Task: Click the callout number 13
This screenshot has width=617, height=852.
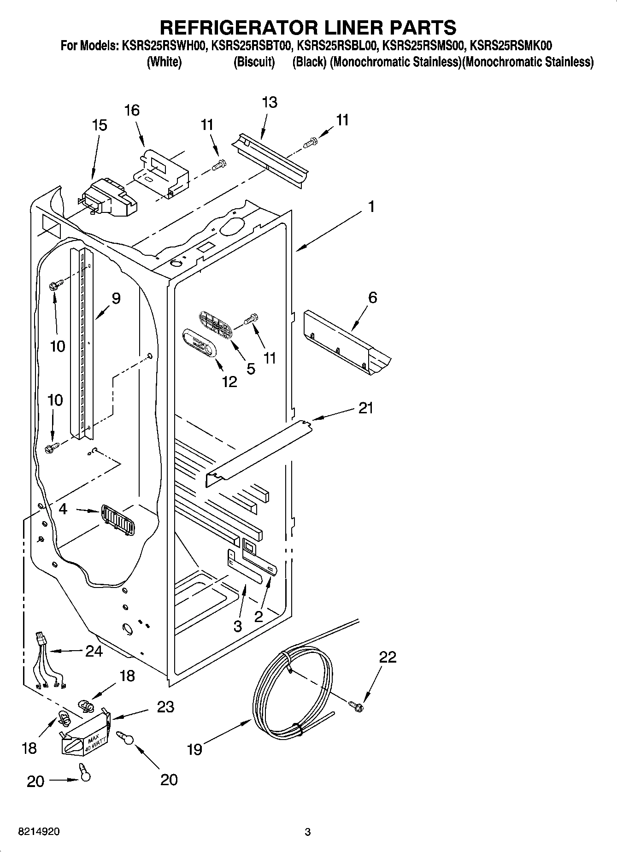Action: pyautogui.click(x=270, y=102)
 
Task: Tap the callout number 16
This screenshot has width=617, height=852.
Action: pyautogui.click(x=132, y=111)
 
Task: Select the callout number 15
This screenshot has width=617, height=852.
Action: pyautogui.click(x=100, y=125)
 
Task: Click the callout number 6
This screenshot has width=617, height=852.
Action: pyautogui.click(x=372, y=298)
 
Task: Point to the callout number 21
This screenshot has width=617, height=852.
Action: pyautogui.click(x=365, y=408)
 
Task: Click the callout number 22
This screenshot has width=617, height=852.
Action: pyautogui.click(x=388, y=657)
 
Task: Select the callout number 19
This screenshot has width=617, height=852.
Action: pyautogui.click(x=195, y=750)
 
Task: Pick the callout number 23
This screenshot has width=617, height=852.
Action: pyautogui.click(x=165, y=707)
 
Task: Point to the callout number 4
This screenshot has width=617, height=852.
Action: pyautogui.click(x=63, y=509)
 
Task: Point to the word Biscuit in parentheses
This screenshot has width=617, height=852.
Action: pyautogui.click(x=254, y=62)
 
